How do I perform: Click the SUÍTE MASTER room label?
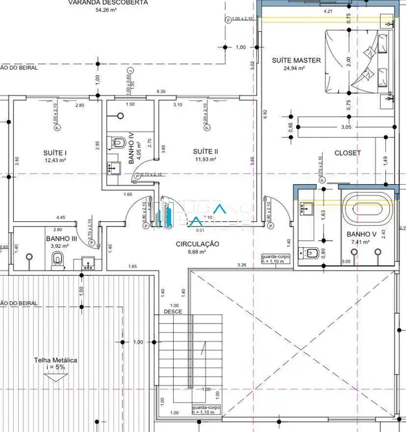(x=296, y=60)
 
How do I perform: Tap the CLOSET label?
(x=347, y=152)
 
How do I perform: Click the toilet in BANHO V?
(x=311, y=252)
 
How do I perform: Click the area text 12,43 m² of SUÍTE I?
(x=57, y=160)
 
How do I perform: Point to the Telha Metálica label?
(x=56, y=360)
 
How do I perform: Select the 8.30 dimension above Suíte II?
(x=161, y=91)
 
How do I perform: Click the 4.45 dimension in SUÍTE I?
(x=61, y=217)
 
